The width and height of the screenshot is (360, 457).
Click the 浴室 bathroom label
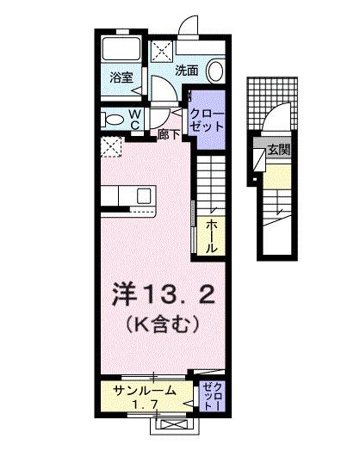coord(121,77)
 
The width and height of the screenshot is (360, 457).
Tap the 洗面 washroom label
coord(188,71)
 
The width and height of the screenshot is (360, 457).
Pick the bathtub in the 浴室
coord(121,51)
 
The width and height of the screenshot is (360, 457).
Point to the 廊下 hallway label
coord(167,135)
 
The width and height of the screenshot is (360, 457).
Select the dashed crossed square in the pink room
coord(110,147)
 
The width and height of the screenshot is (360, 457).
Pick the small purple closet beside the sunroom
coord(212,397)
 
